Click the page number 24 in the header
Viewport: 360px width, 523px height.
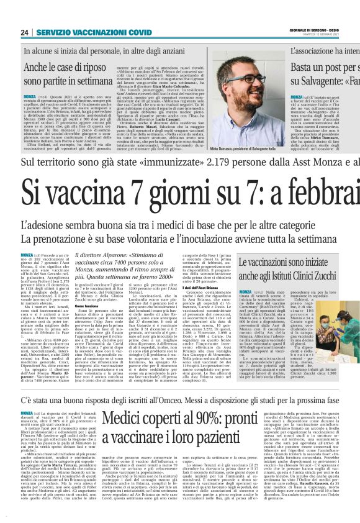[x=24, y=32]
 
